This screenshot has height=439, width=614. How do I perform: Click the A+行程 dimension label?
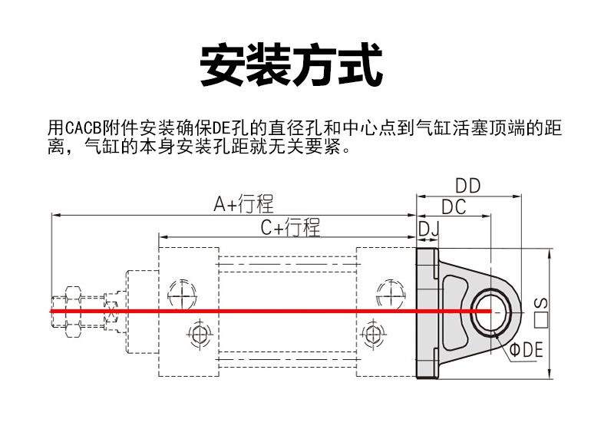pyautogui.click(x=243, y=204)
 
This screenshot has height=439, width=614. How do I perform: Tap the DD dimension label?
pyautogui.click(x=467, y=186)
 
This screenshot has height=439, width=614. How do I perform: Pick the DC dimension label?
pyautogui.click(x=454, y=207)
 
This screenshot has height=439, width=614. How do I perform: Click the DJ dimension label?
pyautogui.click(x=427, y=228)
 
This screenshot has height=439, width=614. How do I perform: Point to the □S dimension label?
pyautogui.click(x=542, y=310)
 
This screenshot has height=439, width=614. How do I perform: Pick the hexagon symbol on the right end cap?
pyautogui.click(x=373, y=335)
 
